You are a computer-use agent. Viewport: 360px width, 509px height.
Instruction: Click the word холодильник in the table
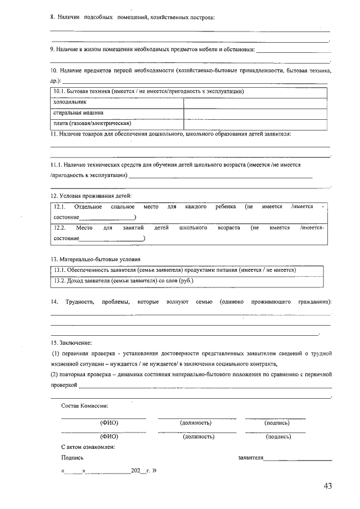coord(70,102)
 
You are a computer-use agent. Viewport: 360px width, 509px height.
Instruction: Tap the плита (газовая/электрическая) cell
coord(92,123)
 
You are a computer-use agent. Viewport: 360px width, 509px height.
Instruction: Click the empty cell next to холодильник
coord(255,102)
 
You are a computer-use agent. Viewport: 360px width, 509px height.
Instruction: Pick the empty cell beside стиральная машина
coord(255,112)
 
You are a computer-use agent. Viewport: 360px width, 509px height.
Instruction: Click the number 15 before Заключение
coord(53,343)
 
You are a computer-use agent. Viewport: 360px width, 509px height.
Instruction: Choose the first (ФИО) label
coord(109,422)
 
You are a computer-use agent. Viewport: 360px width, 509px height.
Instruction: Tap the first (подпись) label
coord(277,422)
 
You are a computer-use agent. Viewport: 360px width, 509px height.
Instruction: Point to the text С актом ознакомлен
coord(88,447)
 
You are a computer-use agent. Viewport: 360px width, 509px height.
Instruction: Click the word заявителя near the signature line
coord(251,458)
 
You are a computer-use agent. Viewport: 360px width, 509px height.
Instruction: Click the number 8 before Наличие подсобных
coord(52,18)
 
